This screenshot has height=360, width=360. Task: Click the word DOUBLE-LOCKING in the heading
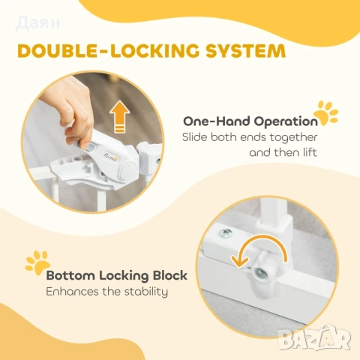[x=109, y=51]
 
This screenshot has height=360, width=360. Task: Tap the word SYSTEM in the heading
[x=245, y=51]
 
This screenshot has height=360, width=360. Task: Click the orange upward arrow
[x=119, y=116]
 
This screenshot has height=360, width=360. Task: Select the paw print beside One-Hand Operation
[x=325, y=113]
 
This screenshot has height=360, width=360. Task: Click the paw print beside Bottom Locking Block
[x=38, y=262]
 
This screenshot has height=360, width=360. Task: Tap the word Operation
[x=286, y=121]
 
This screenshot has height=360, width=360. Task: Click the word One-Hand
[x=217, y=121]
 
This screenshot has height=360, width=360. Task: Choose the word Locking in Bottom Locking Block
[x=124, y=276]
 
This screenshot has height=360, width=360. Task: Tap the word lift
[x=310, y=152]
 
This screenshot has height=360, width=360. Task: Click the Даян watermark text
[x=38, y=23]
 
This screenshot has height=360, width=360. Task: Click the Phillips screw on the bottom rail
[x=225, y=233]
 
